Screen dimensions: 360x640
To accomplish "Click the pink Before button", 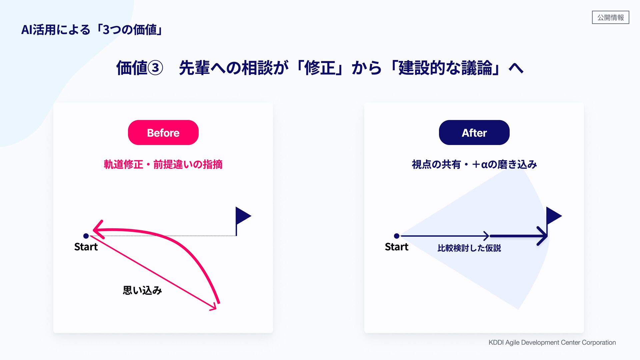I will pos(163,133).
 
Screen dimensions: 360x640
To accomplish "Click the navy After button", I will pos(474,133).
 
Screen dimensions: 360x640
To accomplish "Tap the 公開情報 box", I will pos(610,17).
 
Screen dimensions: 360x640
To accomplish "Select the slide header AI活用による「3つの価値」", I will pos(92,30).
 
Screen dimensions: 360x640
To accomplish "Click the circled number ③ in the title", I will pos(155,68).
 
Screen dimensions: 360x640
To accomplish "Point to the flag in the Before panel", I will pos(243,216).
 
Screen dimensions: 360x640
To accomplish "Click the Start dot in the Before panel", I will pos(86,236).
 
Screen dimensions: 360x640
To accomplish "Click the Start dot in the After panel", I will pos(397,236).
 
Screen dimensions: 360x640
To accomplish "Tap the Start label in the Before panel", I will pos(86,247).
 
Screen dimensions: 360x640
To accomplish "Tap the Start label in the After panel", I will pos(397,247).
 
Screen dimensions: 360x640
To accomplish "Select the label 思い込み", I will pos(142,290).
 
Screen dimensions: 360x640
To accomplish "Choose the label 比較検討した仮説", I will pos(469,248).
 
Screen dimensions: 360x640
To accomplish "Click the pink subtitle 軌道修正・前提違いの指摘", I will pos(163,164).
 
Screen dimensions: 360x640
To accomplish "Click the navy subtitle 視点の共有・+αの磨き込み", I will pos(474,164).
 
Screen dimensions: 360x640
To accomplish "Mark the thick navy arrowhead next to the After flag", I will pos(543,236).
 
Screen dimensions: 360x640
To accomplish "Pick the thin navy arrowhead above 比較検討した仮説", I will pos(487,236).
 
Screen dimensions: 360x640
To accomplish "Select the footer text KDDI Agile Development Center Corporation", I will pos(552,342).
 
